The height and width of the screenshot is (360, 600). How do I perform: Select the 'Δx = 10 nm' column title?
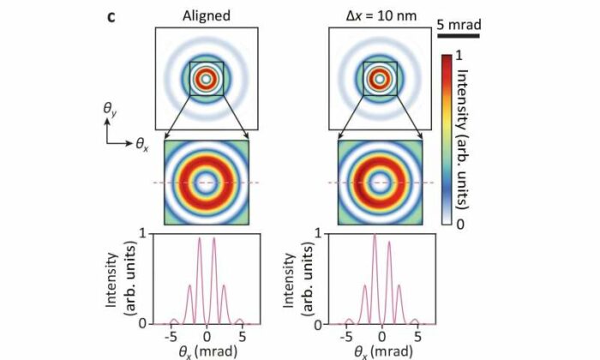375,14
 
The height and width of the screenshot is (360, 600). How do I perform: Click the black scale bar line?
458,35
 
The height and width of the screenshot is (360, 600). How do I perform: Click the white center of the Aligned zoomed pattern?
206,182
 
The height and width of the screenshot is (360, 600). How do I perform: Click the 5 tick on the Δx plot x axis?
415,335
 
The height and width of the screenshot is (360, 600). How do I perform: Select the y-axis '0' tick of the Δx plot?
318,323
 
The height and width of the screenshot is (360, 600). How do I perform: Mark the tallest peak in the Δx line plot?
374,236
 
